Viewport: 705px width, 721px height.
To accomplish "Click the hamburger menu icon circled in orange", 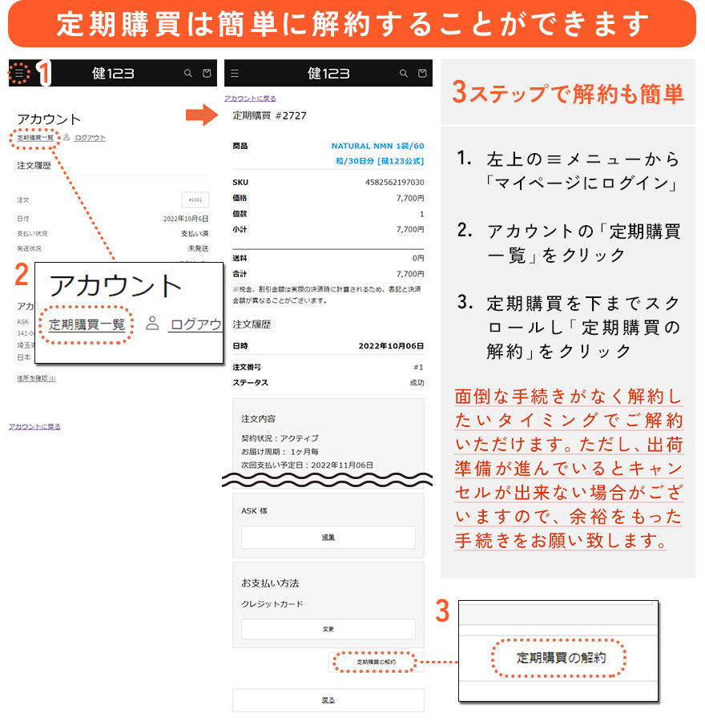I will click(20, 74).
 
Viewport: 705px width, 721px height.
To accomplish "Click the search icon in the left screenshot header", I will click(188, 74).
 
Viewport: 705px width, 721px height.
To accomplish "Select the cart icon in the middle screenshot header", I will click(422, 74).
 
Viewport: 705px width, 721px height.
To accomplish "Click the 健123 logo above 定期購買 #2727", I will click(328, 74).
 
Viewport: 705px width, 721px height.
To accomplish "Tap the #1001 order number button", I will click(195, 199).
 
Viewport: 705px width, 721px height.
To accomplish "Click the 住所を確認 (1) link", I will click(36, 378).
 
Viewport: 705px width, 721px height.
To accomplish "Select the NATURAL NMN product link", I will click(377, 153).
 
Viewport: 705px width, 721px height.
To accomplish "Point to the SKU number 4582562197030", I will click(395, 183).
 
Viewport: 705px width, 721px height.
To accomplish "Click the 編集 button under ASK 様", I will click(328, 537).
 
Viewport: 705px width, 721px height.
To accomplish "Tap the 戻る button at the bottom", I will click(328, 699).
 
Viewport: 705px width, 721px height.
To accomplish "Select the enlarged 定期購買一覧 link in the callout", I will click(87, 324).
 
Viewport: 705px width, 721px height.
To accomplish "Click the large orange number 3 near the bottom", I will click(442, 611).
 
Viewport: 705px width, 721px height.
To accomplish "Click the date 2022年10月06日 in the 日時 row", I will click(391, 346).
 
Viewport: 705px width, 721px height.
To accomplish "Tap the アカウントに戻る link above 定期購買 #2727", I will click(250, 99).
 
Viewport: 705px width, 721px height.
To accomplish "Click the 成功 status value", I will click(417, 383).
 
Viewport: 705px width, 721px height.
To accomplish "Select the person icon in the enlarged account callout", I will click(152, 324).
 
